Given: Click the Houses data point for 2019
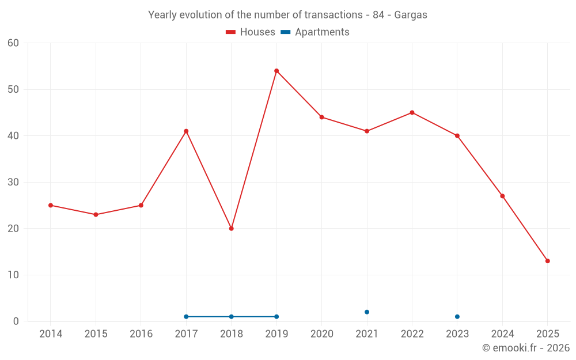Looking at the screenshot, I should point(276,71).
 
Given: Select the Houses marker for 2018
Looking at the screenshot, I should point(232,229).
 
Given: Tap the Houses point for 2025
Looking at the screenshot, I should point(548,261).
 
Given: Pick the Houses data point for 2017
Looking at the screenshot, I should point(186,131).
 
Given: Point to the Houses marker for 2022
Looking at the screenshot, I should point(412,113).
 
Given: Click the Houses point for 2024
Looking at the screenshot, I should point(502,196).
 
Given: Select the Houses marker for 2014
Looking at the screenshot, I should point(51,205).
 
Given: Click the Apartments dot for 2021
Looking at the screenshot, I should point(367,312).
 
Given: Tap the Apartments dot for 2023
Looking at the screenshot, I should point(457,317).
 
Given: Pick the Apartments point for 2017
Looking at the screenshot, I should point(186,317).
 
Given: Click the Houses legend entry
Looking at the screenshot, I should point(251,32).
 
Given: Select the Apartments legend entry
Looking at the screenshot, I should point(315,32).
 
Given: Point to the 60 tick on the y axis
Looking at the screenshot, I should point(13,43).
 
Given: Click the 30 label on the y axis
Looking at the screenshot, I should point(13,183).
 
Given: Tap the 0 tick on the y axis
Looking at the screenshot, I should point(16,321).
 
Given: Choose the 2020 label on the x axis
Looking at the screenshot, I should point(322,334).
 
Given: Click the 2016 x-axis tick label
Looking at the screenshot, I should point(141,334).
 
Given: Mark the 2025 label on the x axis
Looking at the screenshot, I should point(548,334).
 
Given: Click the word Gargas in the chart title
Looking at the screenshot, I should point(411,15).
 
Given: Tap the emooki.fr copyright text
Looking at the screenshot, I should point(526,348).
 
